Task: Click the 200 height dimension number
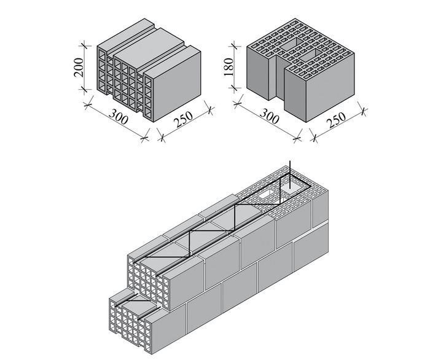coord(78,67)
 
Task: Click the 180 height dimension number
coord(228,67)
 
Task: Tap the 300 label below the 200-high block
coord(118,116)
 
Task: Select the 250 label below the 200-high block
coord(184,119)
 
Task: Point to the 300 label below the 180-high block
coord(269,116)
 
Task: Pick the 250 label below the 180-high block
coord(337,120)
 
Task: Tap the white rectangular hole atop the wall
coord(267,195)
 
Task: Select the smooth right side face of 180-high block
coord(330,87)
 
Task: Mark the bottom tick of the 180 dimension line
coord(234,88)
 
